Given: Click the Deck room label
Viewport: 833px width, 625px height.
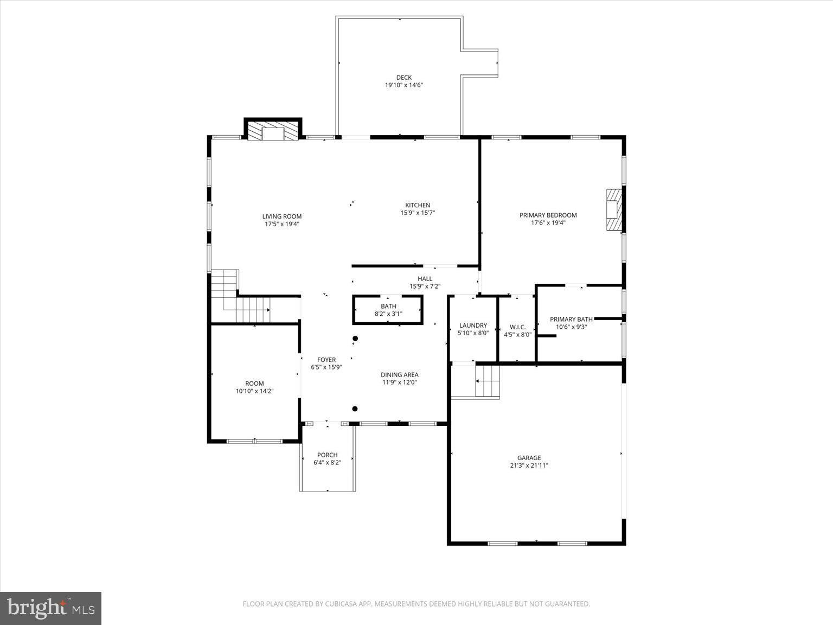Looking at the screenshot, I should click(403, 78).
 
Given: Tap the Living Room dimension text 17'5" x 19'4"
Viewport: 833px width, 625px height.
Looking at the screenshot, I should click(282, 224).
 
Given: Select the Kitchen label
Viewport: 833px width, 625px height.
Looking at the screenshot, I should click(418, 205).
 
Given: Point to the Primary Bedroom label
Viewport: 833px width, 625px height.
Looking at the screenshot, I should click(548, 215).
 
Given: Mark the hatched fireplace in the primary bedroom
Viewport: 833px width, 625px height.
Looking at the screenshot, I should click(614, 209).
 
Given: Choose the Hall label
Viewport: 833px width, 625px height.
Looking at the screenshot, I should click(425, 279).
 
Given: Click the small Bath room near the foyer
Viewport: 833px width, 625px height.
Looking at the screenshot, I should click(388, 310).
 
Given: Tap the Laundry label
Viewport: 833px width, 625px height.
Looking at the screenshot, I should click(473, 326).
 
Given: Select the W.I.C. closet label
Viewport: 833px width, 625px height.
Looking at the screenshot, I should click(517, 327).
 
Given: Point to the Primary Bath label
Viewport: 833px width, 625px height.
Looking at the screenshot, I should click(571, 319).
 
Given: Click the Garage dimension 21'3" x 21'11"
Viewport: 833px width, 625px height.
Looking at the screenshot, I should click(529, 465).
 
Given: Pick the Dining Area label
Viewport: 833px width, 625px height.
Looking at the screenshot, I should click(399, 374).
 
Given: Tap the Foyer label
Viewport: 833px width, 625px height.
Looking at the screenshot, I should click(326, 360).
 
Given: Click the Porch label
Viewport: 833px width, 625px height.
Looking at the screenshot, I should click(327, 455).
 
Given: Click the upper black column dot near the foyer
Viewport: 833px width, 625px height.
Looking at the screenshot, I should click(355, 339).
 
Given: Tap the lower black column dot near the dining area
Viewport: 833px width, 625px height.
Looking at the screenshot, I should click(355, 409).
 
